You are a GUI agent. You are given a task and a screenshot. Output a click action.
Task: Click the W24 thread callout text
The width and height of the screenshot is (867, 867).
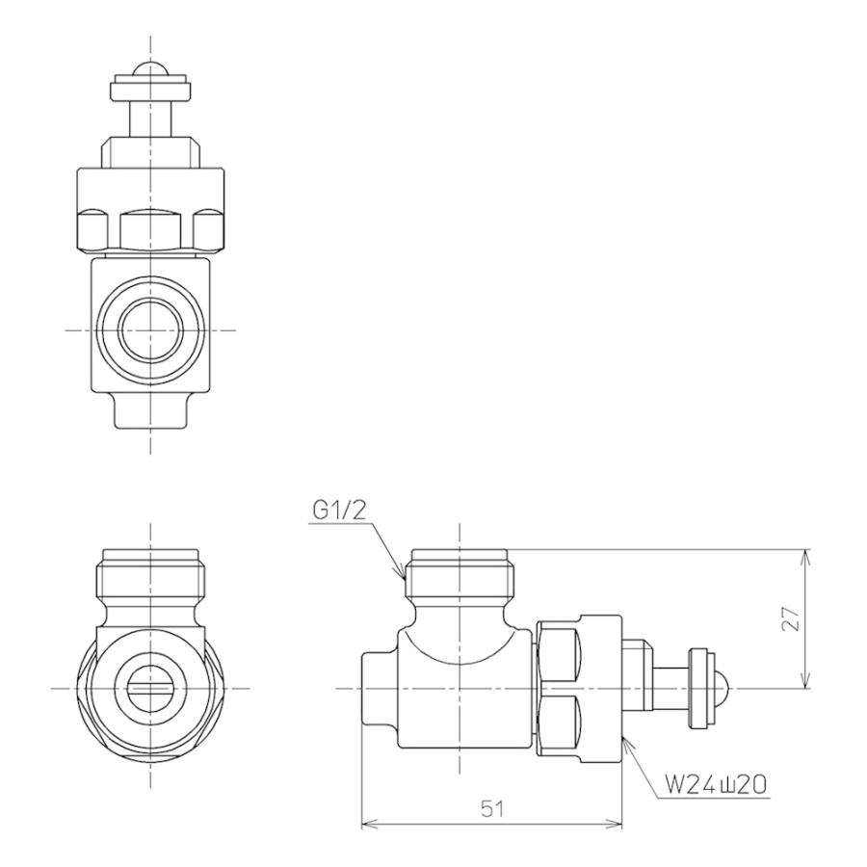[716, 786]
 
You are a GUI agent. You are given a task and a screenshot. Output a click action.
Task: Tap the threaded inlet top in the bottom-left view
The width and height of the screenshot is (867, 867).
[151, 559]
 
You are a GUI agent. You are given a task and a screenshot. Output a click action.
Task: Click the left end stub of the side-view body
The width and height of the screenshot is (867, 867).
[379, 688]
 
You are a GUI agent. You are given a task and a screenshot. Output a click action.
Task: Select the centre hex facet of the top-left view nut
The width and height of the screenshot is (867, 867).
[151, 229]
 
